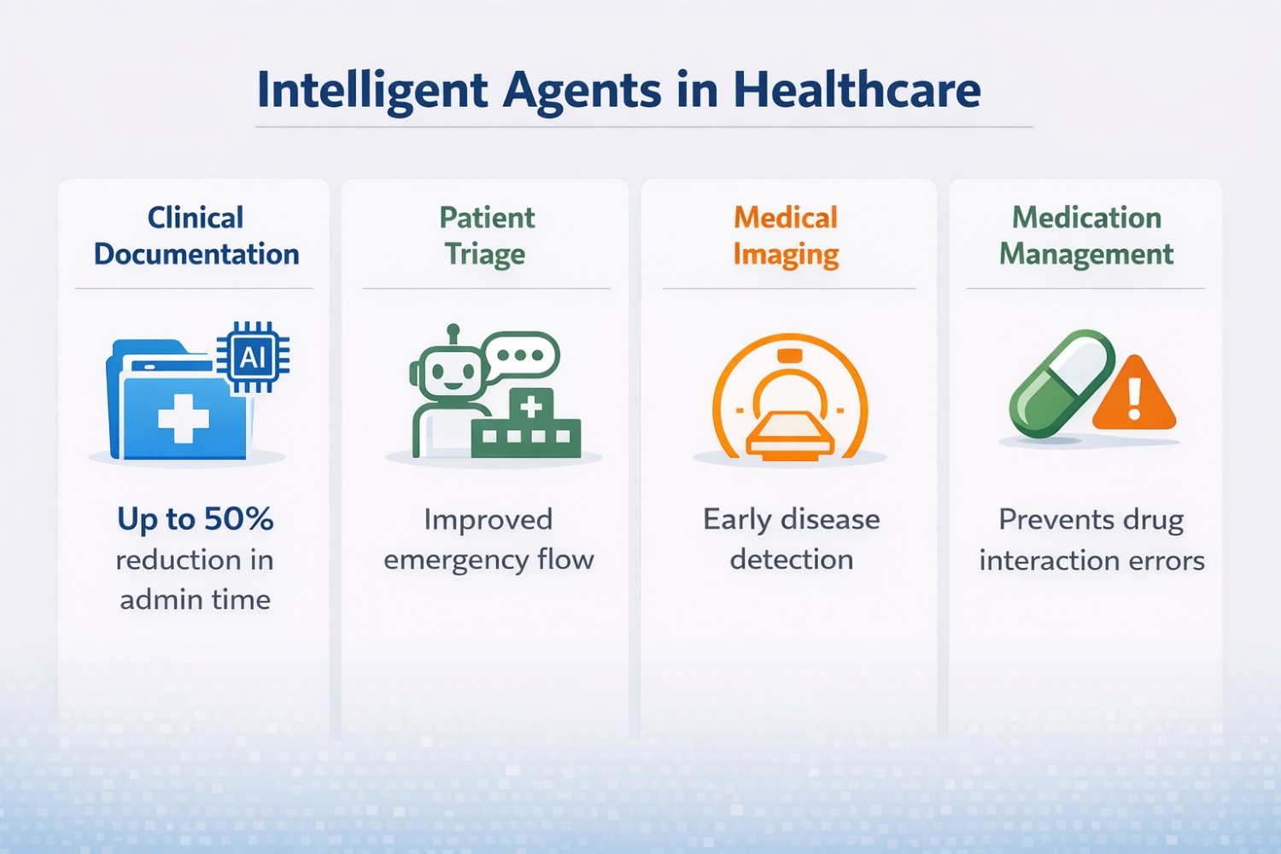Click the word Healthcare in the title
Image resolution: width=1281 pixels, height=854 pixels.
click(857, 90)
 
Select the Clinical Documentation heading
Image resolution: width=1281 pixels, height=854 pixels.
click(196, 236)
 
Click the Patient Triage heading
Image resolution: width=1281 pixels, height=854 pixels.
click(486, 236)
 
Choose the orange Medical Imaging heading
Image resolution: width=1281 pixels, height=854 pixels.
click(786, 236)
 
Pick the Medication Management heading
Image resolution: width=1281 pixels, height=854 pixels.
click(1086, 236)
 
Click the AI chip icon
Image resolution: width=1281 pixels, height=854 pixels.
click(253, 357)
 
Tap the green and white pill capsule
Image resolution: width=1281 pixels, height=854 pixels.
click(1062, 383)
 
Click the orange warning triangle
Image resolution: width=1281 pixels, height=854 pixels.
click(1134, 395)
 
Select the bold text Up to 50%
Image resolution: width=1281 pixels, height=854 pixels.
click(196, 519)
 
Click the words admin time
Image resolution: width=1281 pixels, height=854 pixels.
click(196, 600)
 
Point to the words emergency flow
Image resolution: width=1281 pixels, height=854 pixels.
click(488, 559)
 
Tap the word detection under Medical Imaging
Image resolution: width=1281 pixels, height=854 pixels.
click(791, 559)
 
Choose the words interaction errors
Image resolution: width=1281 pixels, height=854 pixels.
click(1091, 560)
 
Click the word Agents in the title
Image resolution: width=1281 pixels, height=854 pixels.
click(582, 90)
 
